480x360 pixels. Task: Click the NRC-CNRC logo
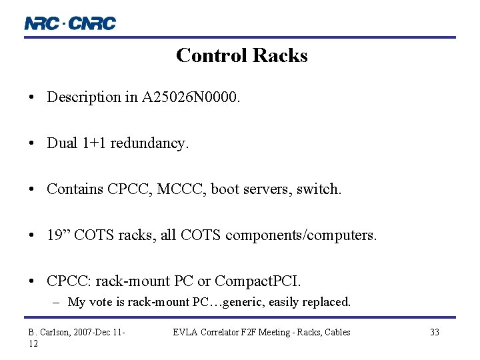point(70,23)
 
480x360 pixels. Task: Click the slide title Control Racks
point(241,55)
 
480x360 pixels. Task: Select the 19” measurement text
point(59,235)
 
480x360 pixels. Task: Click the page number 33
point(434,332)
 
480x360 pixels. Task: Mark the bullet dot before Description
point(32,98)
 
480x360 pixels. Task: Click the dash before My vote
point(58,302)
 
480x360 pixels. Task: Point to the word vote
point(100,302)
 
